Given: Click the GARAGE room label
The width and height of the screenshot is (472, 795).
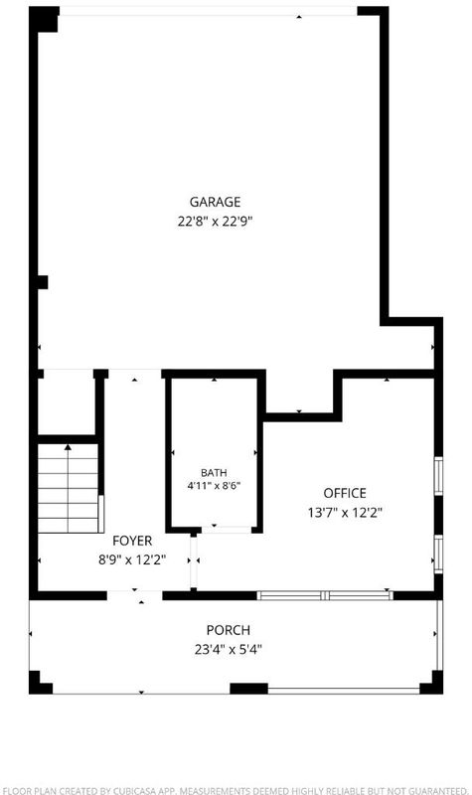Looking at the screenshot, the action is pyautogui.click(x=215, y=202).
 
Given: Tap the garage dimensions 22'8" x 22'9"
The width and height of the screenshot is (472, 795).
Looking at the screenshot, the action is pyautogui.click(x=215, y=222).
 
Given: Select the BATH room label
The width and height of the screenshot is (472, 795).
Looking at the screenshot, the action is pyautogui.click(x=214, y=473).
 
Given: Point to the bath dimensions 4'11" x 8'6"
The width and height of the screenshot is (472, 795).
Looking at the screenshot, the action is pyautogui.click(x=214, y=485).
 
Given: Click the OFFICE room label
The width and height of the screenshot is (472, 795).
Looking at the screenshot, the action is pyautogui.click(x=345, y=493).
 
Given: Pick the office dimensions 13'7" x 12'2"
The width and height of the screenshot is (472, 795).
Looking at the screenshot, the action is pyautogui.click(x=345, y=513).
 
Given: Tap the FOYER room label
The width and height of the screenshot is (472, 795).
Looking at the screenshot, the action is pyautogui.click(x=132, y=541).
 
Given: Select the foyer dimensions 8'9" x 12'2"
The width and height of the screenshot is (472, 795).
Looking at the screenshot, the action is pyautogui.click(x=132, y=559).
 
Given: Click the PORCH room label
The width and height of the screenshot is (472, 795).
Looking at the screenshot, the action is pyautogui.click(x=229, y=630).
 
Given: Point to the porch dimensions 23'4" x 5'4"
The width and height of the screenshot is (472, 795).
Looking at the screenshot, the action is pyautogui.click(x=229, y=650).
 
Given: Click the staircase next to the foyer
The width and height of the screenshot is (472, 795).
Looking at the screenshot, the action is pyautogui.click(x=68, y=488).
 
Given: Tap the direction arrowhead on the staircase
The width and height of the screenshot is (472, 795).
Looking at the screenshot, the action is pyautogui.click(x=68, y=447).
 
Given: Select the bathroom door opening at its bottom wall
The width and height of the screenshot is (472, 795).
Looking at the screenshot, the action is pyautogui.click(x=227, y=530).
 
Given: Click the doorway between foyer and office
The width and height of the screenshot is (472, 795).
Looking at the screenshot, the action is pyautogui.click(x=193, y=560).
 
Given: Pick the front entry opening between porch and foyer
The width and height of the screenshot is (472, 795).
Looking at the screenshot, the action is pyautogui.click(x=135, y=595).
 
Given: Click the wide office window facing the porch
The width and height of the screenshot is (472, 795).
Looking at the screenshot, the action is pyautogui.click(x=325, y=595).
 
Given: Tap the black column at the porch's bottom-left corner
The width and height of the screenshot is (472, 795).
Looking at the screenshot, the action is pyautogui.click(x=40, y=683).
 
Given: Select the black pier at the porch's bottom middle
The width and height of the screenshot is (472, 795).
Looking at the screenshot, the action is pyautogui.click(x=249, y=689).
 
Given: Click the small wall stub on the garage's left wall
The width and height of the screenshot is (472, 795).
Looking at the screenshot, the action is pyautogui.click(x=43, y=282).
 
